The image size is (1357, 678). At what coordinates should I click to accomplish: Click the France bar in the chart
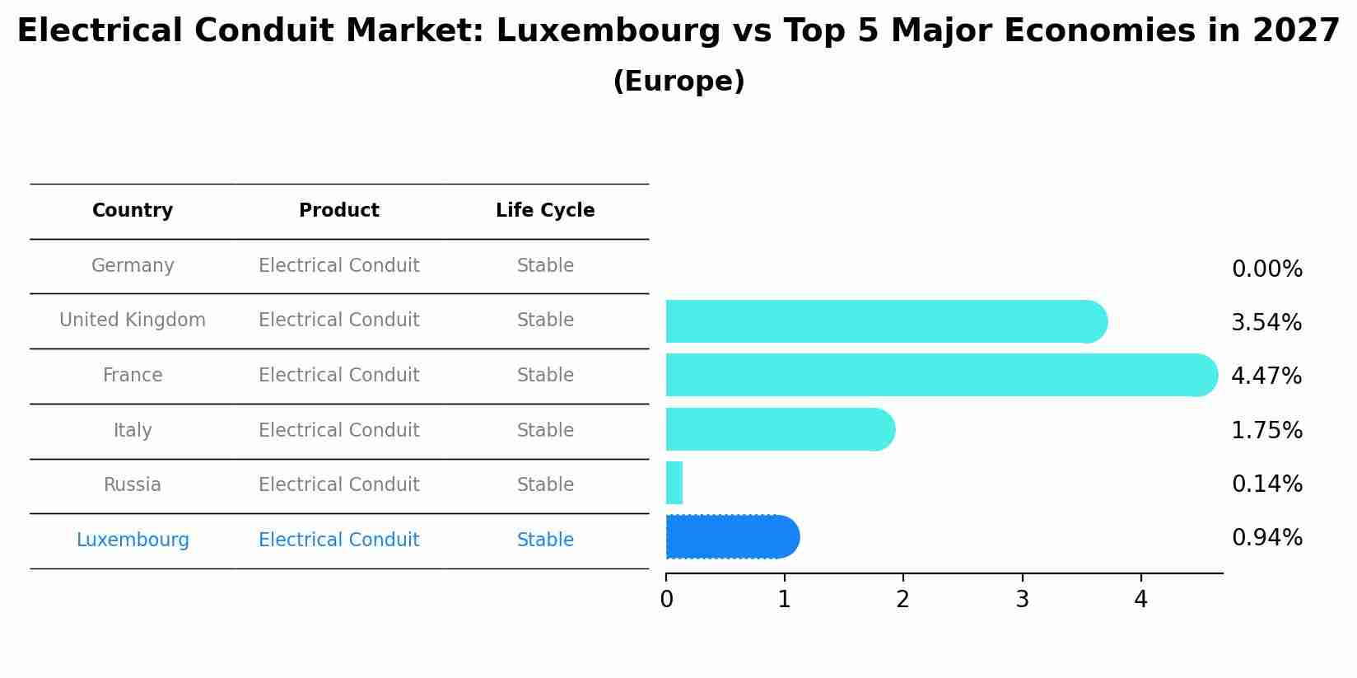(x=939, y=375)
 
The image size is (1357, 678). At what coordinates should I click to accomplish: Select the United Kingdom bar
(x=885, y=321)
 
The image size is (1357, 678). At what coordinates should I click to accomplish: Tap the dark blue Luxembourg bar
(x=731, y=537)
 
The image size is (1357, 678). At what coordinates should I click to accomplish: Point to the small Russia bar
(x=674, y=483)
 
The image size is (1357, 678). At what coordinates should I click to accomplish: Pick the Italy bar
(x=778, y=429)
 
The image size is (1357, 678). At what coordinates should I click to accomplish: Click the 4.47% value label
(x=1266, y=376)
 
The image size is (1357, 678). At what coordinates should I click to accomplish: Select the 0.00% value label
(x=1266, y=269)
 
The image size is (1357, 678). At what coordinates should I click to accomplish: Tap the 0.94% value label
(x=1266, y=538)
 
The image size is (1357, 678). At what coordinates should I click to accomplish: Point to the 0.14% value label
(x=1266, y=484)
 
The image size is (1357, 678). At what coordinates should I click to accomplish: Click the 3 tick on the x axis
(x=1022, y=600)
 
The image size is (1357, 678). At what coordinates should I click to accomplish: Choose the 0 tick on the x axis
(x=666, y=600)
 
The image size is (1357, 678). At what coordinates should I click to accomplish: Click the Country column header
(x=133, y=211)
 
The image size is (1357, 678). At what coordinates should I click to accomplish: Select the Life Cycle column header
(x=545, y=211)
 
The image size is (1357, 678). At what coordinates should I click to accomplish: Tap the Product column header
(x=338, y=211)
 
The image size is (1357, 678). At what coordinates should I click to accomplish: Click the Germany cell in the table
(x=133, y=266)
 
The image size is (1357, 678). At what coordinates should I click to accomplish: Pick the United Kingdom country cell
(x=133, y=320)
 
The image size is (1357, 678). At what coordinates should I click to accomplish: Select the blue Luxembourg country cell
(x=133, y=540)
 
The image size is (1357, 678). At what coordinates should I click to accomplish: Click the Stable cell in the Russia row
(x=545, y=485)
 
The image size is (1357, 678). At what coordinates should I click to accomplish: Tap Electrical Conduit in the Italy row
(x=338, y=431)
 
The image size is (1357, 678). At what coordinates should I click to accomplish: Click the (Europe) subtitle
(x=678, y=82)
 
